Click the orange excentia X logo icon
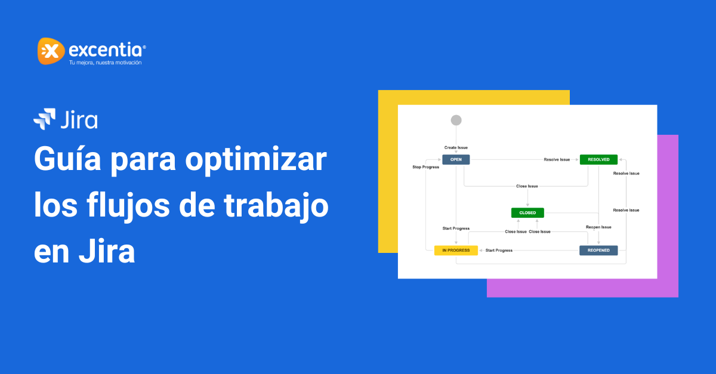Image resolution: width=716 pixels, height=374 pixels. (51, 51)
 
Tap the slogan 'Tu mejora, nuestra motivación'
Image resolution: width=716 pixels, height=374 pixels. (106, 63)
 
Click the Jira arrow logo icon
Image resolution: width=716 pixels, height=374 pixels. (44, 119)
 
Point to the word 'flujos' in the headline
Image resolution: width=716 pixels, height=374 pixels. (128, 205)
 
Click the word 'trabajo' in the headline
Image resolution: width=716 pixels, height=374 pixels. (276, 205)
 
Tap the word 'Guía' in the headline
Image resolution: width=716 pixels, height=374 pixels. (67, 158)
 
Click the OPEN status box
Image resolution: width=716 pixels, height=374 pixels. (456, 159)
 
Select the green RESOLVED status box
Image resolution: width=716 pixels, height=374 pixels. (598, 159)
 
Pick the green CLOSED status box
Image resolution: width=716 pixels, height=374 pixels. (527, 212)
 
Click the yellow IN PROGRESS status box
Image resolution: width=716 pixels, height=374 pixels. (456, 251)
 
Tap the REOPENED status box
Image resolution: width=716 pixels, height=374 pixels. (598, 251)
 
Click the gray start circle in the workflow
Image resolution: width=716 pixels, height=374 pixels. (456, 120)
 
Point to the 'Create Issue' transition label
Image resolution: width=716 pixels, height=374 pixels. (456, 147)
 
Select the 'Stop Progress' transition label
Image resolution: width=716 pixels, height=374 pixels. (426, 167)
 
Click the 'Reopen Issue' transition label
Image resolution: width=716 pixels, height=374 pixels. (598, 227)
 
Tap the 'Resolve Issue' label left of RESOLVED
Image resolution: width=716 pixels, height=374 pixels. (557, 159)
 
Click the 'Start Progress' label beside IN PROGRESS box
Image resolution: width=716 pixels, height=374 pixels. (499, 251)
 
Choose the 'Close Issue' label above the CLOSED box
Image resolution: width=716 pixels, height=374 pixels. (527, 186)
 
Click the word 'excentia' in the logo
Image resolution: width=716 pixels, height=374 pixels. (106, 50)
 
